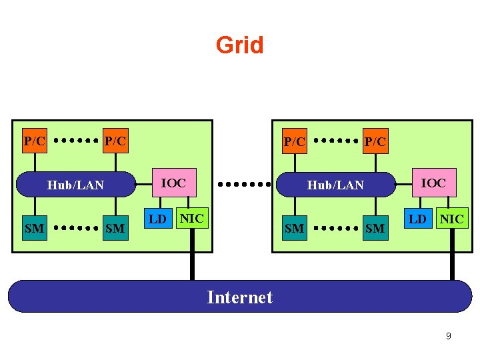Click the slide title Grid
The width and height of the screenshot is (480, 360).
click(x=239, y=45)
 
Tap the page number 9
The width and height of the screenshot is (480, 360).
click(x=448, y=336)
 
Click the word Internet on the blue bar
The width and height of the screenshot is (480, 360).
click(x=239, y=297)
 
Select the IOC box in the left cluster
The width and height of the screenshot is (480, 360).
click(x=174, y=183)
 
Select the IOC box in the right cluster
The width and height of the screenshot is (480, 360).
click(x=433, y=183)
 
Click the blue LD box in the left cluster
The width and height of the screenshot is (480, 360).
click(x=157, y=219)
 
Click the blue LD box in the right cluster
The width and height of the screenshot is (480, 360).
click(x=417, y=219)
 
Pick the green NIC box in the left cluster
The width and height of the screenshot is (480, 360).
click(x=192, y=218)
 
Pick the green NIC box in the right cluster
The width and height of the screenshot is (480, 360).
click(x=451, y=218)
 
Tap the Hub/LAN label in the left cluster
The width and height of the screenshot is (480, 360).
click(x=75, y=185)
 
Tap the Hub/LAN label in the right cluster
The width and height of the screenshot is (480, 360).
click(x=335, y=185)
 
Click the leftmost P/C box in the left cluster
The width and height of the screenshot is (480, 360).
click(x=35, y=141)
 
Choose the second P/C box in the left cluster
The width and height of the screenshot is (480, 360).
click(x=115, y=141)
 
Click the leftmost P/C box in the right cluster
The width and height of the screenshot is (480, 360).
click(x=295, y=141)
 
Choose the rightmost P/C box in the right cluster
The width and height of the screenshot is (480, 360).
click(x=375, y=141)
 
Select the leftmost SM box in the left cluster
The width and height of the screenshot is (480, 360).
click(x=34, y=229)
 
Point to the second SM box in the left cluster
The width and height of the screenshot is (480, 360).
click(x=115, y=229)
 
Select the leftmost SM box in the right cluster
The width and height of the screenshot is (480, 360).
click(x=294, y=229)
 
